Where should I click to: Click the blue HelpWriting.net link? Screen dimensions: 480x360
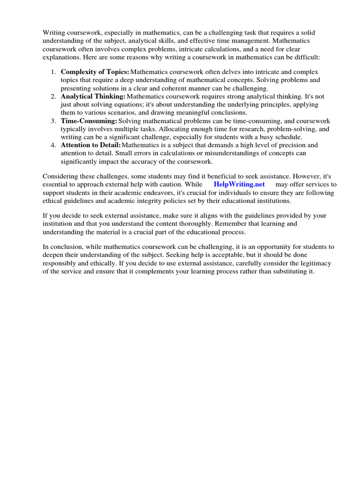click(x=239, y=184)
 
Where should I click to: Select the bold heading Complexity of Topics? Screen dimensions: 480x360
click(x=95, y=72)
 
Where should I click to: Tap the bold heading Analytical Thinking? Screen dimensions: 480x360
click(x=93, y=96)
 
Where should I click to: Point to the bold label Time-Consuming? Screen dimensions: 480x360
click(x=89, y=121)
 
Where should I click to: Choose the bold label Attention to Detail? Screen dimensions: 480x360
click(x=90, y=145)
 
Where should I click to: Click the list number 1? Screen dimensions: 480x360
click(x=53, y=72)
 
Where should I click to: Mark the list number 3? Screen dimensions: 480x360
click(x=53, y=121)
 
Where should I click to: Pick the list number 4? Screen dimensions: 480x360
click(x=53, y=145)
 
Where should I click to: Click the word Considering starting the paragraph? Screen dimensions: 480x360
click(x=60, y=176)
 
